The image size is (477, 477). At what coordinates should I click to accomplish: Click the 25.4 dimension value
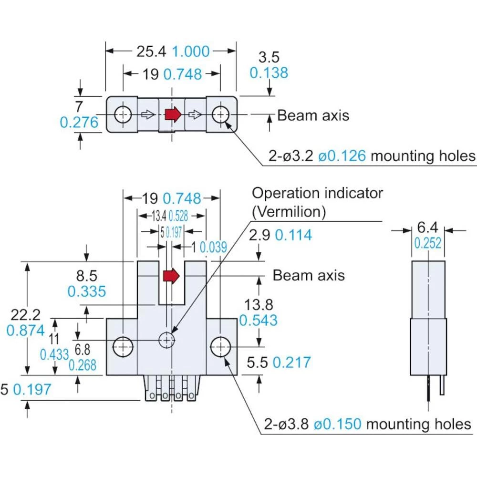(x=151, y=51)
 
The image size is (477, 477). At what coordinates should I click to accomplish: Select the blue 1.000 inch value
(x=190, y=51)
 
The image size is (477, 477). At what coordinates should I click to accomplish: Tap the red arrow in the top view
(x=173, y=114)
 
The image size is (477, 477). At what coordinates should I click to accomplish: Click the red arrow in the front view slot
(x=171, y=275)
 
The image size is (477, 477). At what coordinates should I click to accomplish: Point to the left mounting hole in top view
(x=123, y=114)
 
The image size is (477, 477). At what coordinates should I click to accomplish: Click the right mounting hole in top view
(x=220, y=114)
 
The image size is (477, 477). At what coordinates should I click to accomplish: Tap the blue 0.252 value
(x=427, y=243)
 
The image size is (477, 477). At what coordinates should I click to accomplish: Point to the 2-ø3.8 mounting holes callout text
(x=367, y=424)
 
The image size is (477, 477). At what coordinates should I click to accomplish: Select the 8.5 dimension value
(x=86, y=276)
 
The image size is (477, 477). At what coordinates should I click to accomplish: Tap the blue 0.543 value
(x=258, y=320)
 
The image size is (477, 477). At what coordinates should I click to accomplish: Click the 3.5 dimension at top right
(x=269, y=57)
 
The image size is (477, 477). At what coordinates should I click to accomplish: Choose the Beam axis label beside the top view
(x=313, y=115)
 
